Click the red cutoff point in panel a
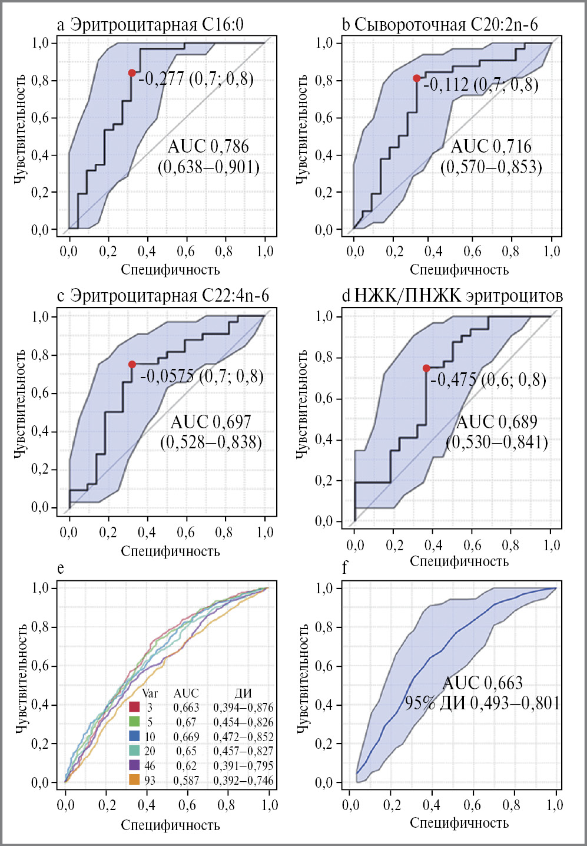tap(132, 72)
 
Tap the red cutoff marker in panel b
tap(416, 78)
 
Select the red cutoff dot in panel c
tap(132, 365)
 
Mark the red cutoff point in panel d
tap(426, 368)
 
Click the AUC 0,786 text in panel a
tap(208, 146)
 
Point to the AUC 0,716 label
tap(491, 146)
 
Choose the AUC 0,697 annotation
tap(211, 422)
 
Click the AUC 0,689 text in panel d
tap(497, 422)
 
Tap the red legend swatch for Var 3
tap(134, 707)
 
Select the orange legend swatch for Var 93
tap(134, 780)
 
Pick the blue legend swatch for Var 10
tap(134, 736)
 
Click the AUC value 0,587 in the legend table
tap(186, 781)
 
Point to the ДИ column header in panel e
tap(243, 693)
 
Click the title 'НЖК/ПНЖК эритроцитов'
tap(459, 295)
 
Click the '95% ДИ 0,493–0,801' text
tap(482, 703)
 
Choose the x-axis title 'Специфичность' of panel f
tap(459, 823)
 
